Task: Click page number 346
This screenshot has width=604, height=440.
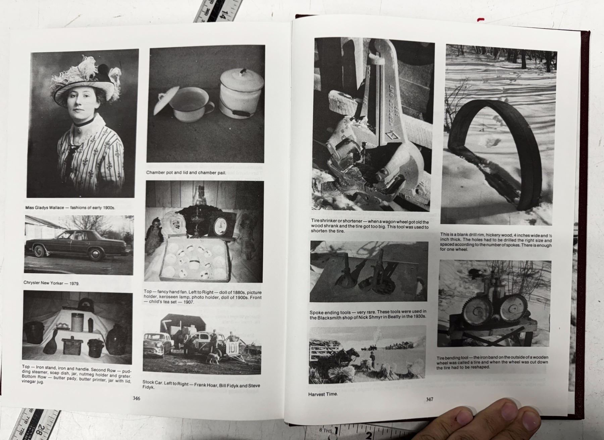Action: point(136,398)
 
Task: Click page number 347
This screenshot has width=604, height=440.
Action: point(430,399)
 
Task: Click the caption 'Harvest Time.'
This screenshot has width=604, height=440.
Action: point(323,394)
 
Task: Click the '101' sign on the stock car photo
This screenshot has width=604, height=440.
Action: point(233,349)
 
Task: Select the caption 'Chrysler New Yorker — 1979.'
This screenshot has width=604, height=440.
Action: point(51,283)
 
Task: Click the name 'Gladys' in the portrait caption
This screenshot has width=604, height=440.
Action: point(41,208)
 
